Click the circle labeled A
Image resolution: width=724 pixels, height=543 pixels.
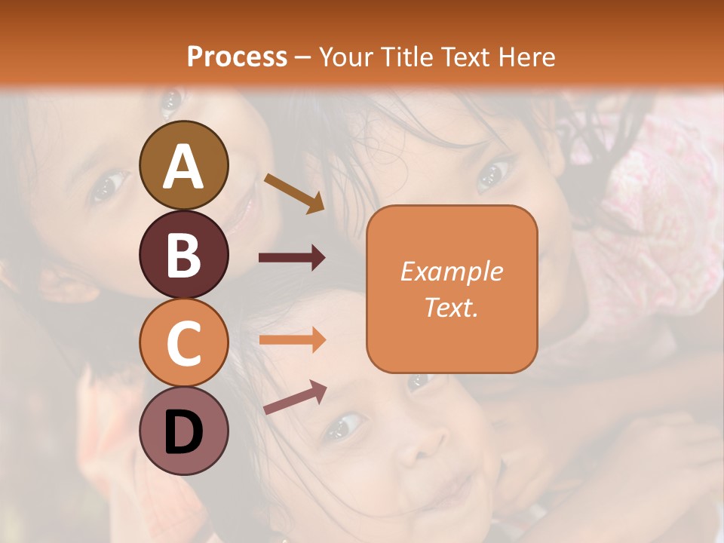tap(183, 165)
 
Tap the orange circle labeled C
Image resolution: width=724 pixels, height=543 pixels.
tap(183, 342)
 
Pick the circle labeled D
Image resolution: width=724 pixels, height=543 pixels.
tap(183, 431)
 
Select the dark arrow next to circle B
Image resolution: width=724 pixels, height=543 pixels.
tap(292, 258)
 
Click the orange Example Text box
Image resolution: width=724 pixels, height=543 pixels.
tap(452, 290)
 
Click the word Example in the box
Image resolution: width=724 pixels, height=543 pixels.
tap(452, 271)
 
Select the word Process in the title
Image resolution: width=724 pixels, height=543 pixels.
tap(237, 57)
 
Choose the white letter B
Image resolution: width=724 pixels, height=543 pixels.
tap(183, 255)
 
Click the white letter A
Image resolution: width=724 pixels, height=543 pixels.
tap(183, 167)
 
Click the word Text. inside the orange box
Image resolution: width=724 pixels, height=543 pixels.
tap(452, 307)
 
